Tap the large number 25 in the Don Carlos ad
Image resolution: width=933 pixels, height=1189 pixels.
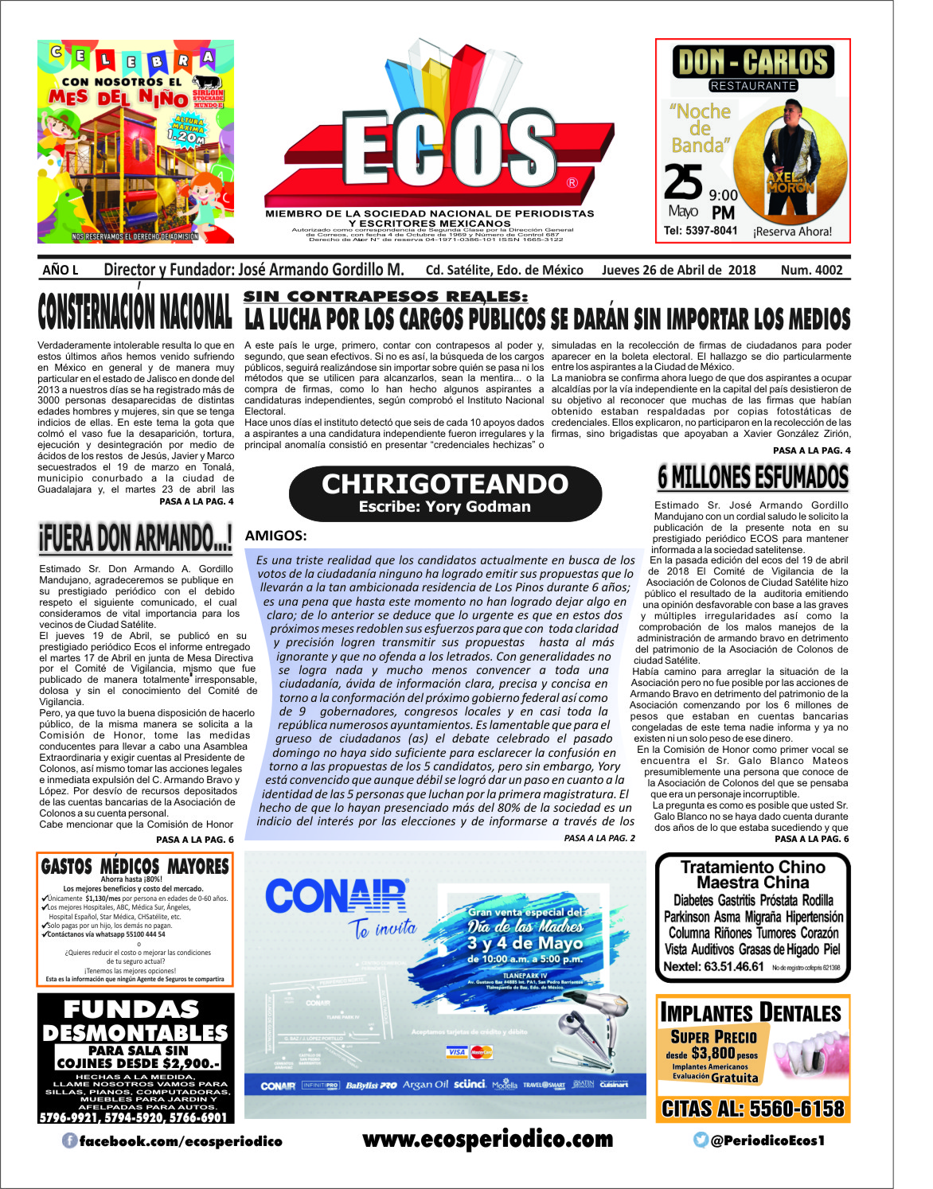click(x=683, y=182)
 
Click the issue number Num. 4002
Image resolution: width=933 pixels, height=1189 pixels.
click(x=811, y=270)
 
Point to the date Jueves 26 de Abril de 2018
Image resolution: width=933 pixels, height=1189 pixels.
click(x=678, y=270)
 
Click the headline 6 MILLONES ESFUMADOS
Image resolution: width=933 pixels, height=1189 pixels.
click(x=752, y=478)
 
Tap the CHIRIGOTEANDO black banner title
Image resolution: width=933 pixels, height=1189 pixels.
click(x=445, y=484)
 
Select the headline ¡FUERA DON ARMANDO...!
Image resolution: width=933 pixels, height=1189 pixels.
click(x=135, y=539)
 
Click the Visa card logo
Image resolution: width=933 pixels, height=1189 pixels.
click(x=457, y=1052)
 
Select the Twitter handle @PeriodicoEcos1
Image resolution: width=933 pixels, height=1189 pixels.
click(x=767, y=1140)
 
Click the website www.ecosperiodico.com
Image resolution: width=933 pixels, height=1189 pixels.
click(x=487, y=1140)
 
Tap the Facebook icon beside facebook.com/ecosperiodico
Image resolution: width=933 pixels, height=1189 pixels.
click(x=70, y=1141)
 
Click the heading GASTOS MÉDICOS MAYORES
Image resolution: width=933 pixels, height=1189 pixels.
click(x=135, y=866)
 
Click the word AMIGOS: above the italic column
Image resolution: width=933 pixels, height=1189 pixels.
click(x=275, y=536)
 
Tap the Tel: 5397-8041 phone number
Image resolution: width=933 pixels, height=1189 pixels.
click(x=701, y=231)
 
